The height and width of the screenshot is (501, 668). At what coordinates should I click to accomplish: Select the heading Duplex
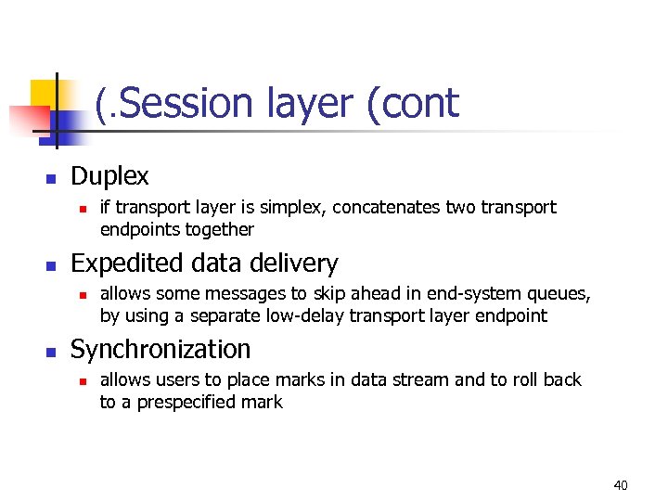(109, 176)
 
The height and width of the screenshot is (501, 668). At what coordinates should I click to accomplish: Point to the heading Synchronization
(161, 350)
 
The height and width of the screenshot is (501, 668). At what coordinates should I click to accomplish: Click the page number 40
(621, 485)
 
